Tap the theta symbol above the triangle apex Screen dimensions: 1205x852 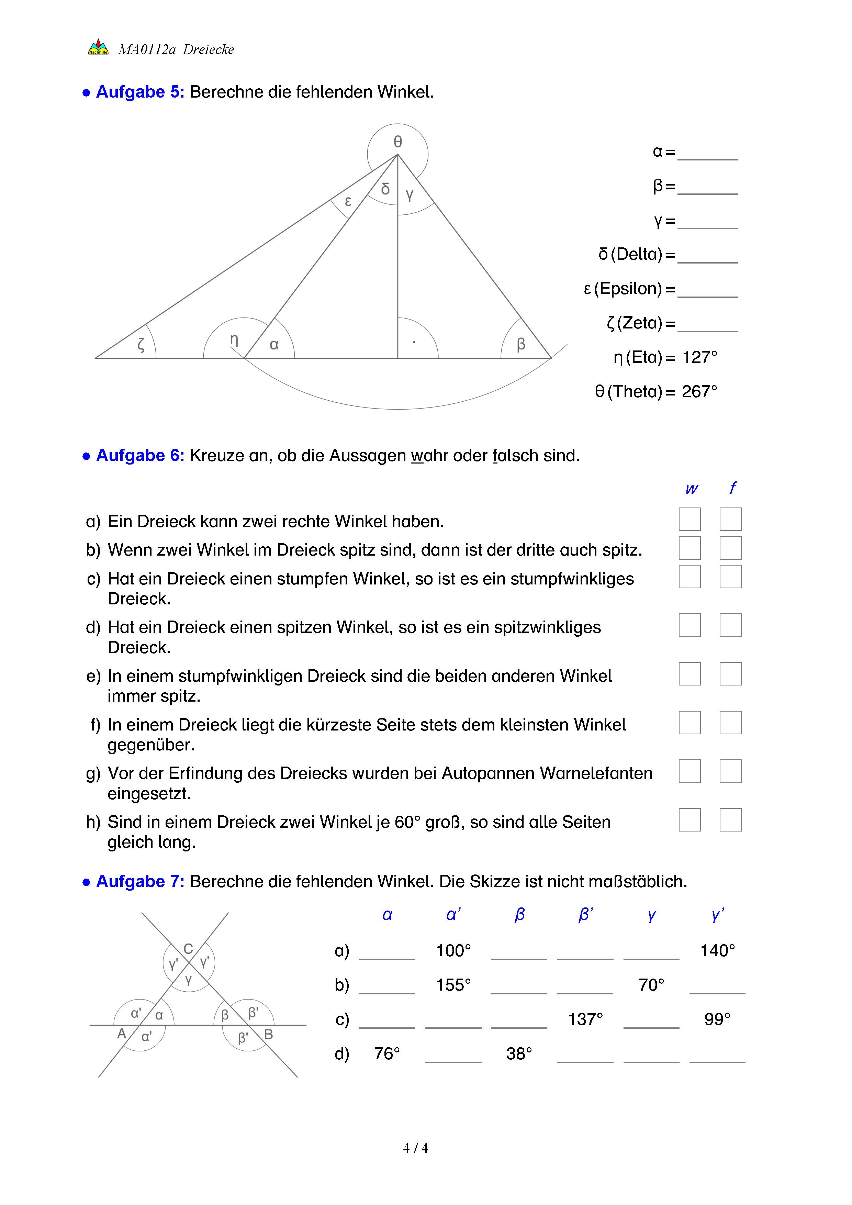(398, 142)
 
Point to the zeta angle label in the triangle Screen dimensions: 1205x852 (141, 344)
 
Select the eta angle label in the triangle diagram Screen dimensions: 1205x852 (234, 340)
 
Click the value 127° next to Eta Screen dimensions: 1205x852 (699, 357)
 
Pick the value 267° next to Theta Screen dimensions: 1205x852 (699, 391)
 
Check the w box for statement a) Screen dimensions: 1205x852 (690, 519)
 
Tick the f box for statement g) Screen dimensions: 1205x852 (730, 771)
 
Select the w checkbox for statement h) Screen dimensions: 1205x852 (690, 820)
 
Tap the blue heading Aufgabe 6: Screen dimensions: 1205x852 (140, 456)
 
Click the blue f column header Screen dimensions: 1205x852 (732, 488)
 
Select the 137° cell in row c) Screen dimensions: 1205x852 (585, 1019)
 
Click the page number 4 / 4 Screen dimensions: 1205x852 (415, 1148)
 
